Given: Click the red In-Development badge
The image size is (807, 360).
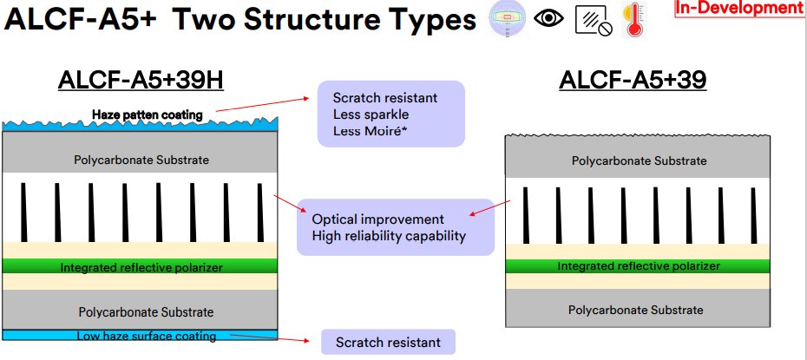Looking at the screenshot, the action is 740,8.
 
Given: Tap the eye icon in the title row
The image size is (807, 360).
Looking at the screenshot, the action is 548,18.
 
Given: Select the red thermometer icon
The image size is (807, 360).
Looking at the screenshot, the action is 634,19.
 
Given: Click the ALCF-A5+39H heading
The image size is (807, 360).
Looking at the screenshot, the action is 141,80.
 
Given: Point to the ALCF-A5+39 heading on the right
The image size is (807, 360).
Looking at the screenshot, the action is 633,80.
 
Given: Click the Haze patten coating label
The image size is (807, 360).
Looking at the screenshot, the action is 148,115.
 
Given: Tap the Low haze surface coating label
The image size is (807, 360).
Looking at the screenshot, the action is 147,337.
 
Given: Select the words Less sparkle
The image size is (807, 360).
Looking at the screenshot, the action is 371,115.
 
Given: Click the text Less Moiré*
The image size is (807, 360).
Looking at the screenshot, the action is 369,131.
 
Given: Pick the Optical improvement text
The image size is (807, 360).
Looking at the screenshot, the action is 377,219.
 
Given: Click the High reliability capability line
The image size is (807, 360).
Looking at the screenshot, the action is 389,236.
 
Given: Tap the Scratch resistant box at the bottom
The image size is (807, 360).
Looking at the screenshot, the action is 388,342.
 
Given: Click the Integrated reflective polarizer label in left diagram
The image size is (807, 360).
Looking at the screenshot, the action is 141,267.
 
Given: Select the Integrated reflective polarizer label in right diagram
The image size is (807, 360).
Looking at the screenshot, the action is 639,266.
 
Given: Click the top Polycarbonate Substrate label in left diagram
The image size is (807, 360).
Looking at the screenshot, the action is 141,160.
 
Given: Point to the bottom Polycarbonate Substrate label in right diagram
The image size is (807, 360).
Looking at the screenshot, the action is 635,310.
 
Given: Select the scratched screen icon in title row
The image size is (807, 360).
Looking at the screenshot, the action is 594,22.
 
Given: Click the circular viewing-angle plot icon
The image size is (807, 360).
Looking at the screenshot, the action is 507,19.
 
